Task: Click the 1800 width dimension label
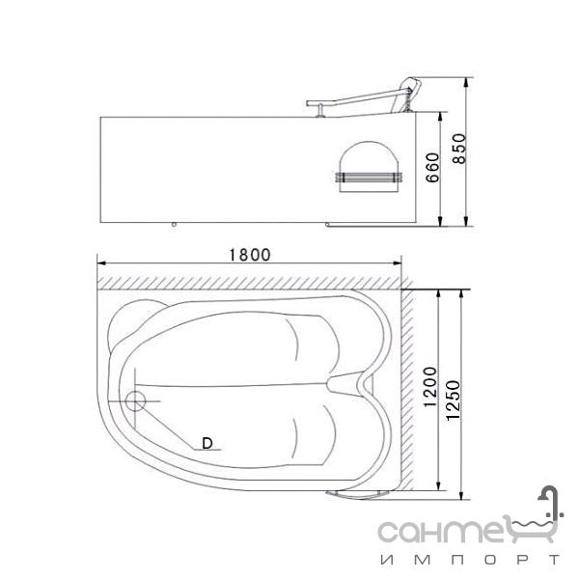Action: click(250, 255)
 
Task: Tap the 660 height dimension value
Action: click(432, 167)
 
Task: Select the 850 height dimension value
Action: click(459, 149)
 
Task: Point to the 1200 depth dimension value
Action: click(430, 387)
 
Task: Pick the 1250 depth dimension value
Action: click(454, 400)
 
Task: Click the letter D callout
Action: click(207, 443)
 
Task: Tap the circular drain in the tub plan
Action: click(135, 401)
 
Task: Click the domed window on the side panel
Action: click(370, 166)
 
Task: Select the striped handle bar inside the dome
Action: click(369, 178)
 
